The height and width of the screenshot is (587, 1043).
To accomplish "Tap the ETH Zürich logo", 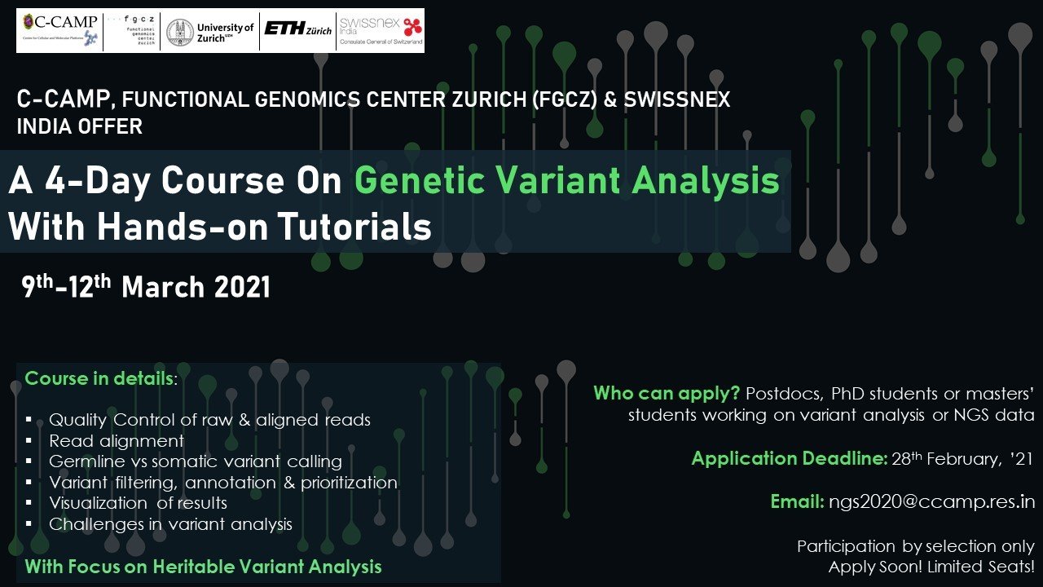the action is coord(298,29).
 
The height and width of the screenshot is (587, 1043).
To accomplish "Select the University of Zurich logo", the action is coord(210,32).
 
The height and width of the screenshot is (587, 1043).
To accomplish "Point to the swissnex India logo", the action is coord(381,30).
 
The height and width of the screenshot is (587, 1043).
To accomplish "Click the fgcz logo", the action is coord(132,30).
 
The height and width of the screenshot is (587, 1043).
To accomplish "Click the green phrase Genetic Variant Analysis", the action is coord(566,181).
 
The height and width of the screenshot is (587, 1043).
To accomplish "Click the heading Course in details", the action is coord(99,378).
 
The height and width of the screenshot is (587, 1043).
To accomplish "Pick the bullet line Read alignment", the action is coord(117,441).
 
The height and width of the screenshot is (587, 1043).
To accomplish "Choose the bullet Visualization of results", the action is coord(138,503).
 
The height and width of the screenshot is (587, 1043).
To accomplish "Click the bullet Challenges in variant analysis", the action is coord(170,524).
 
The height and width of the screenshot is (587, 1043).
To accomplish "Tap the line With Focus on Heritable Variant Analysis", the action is coord(203,567).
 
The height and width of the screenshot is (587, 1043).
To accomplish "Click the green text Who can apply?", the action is coord(667,394).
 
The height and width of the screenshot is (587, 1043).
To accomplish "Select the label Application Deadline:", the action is coord(790,458).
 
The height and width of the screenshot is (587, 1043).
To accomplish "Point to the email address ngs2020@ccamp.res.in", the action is coord(931,501).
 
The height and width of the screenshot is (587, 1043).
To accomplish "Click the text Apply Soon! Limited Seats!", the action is coord(931,567).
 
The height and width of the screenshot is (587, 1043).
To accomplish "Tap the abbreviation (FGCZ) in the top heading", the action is coord(565,99).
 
